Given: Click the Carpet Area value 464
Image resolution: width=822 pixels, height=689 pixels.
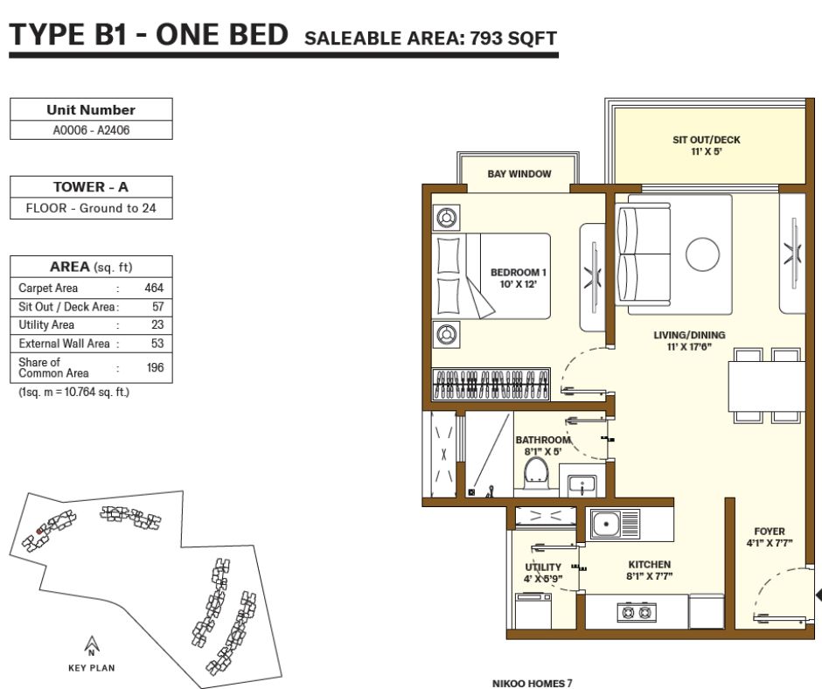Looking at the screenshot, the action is [154, 288].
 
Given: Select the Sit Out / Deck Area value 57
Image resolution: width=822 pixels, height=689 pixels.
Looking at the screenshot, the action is [157, 307].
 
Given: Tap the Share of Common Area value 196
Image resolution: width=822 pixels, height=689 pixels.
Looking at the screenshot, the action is [155, 367].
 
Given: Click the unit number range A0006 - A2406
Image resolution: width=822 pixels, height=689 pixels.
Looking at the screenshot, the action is [91, 130].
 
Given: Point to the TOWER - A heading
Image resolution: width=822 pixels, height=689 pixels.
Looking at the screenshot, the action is [91, 187].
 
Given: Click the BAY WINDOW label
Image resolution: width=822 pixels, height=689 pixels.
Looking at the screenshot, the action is [519, 173].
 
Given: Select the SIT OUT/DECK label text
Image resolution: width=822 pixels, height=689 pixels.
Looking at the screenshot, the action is [707, 140].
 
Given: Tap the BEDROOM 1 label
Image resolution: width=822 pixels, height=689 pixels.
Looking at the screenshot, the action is [518, 273].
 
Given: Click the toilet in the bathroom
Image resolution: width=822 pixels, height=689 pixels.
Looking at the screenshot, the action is [536, 473].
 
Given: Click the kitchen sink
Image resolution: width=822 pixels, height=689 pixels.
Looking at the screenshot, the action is [615, 524].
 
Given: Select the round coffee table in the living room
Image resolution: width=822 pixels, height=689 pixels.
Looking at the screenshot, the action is [702, 254].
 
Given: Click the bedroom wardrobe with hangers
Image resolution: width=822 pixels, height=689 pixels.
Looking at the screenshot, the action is [491, 386].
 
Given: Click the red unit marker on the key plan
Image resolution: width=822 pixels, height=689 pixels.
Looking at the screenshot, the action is [38, 532].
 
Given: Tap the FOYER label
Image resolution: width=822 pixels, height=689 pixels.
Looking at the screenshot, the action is [769, 531].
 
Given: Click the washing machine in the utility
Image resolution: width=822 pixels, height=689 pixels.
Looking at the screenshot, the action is [533, 610].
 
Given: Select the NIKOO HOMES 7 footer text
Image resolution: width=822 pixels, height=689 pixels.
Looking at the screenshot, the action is [532, 683].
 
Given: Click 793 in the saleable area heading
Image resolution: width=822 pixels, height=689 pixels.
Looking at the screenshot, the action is [486, 38].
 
